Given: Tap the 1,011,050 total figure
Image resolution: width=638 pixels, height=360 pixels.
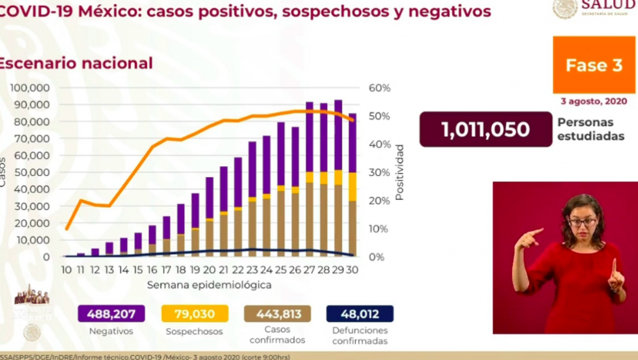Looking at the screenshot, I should (x=485, y=129).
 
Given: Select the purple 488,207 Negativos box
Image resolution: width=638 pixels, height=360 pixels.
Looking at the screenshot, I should (x=111, y=314).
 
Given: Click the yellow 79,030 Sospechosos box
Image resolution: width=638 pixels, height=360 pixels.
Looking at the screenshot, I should (x=194, y=314).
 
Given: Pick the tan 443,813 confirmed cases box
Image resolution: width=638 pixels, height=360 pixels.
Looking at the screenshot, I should (x=277, y=314).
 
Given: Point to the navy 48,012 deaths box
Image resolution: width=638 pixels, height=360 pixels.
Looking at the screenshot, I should (x=359, y=314).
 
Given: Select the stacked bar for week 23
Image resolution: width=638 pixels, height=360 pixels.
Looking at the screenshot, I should (x=252, y=199).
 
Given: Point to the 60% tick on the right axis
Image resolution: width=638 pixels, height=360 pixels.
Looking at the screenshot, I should (x=380, y=88).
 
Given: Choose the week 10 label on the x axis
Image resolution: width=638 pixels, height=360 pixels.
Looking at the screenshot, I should (x=67, y=270).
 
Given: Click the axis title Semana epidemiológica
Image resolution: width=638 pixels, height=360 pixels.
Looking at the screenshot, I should (x=209, y=284).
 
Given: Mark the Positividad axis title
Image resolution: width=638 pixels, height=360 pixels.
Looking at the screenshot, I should (x=399, y=172).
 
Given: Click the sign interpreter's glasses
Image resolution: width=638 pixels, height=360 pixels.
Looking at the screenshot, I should (x=582, y=222).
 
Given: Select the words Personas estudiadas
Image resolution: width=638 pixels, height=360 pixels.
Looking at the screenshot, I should (x=590, y=129).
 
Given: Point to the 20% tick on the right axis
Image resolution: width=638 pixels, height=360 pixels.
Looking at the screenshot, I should (x=380, y=200).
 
